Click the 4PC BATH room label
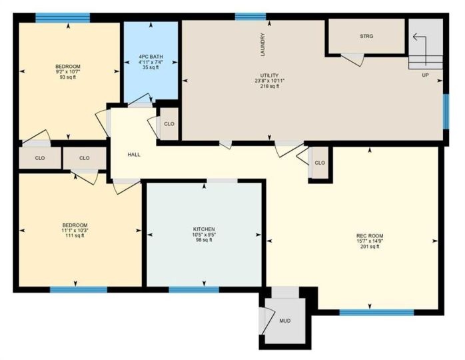click(151, 57)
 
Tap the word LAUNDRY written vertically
click(262, 45)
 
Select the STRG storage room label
click(366, 36)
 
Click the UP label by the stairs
click(425, 75)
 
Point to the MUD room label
click(285, 321)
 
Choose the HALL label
click(134, 154)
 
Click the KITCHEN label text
click(204, 229)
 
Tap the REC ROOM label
click(370, 235)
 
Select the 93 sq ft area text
click(67, 77)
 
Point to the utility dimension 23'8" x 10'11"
click(270, 81)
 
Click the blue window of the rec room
click(376, 312)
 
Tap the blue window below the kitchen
click(194, 289)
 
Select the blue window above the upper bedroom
click(63, 17)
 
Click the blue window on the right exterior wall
click(446, 111)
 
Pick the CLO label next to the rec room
click(320, 163)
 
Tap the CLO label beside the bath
click(169, 124)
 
